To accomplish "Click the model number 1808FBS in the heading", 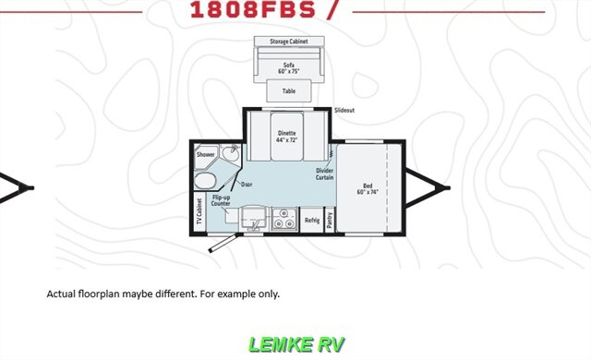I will (x=248, y=10).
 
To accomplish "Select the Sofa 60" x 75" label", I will (x=288, y=67).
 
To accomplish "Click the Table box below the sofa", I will (x=288, y=91).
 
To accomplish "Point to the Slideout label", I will (x=344, y=110).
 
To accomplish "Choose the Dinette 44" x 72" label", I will (x=287, y=136).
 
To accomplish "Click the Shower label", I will (x=205, y=154).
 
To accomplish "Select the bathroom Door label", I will (x=247, y=185).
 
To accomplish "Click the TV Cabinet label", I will (x=199, y=211).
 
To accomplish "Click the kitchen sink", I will (x=251, y=219).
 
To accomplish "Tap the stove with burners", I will (x=283, y=219).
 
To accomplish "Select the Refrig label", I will (x=312, y=220).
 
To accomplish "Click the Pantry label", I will (x=330, y=219).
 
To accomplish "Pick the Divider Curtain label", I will (x=324, y=174).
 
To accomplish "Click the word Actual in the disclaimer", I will (x=60, y=294).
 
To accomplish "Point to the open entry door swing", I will (x=223, y=244).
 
